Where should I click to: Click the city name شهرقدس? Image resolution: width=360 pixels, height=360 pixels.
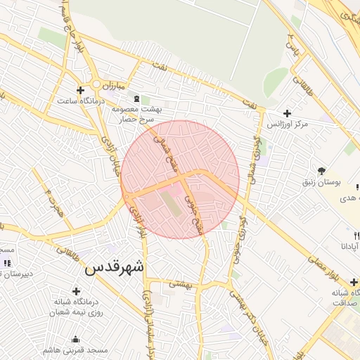(x=115, y=268)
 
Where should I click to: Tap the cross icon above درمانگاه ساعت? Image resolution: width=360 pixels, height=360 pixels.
(x=80, y=90)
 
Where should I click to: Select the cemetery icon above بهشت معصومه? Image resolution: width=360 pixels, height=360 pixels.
(x=146, y=99)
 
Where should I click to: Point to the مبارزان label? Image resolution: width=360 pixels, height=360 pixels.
(x=111, y=85)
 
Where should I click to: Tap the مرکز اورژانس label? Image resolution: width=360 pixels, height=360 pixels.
(x=288, y=124)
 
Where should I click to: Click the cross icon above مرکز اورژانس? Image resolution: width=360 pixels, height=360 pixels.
(x=287, y=112)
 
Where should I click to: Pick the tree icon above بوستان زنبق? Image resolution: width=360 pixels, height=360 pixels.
(x=321, y=171)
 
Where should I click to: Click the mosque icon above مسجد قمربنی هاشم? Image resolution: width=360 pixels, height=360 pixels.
(x=76, y=339)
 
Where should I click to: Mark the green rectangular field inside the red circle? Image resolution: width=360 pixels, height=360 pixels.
(x=169, y=203)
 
